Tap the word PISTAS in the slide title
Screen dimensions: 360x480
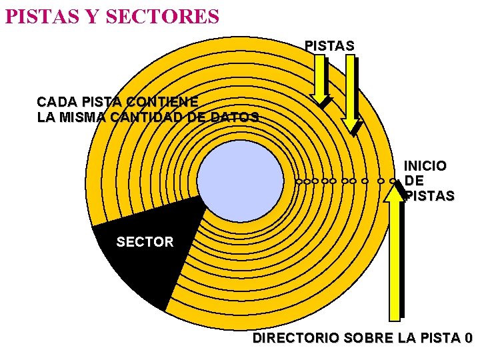pyautogui.click(x=35, y=15)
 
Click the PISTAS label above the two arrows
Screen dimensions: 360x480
pyautogui.click(x=329, y=45)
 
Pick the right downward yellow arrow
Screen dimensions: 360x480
pyautogui.click(x=351, y=93)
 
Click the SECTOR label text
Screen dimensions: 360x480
pyautogui.click(x=145, y=242)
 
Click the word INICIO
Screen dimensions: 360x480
pyautogui.click(x=425, y=165)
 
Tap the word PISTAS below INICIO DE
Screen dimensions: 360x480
pyautogui.click(x=429, y=196)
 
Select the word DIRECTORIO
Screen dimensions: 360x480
pyautogui.click(x=295, y=339)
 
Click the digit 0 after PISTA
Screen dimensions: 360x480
pyautogui.click(x=468, y=339)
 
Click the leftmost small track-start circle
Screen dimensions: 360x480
pyautogui.click(x=299, y=181)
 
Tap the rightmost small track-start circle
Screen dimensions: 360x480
pyautogui.click(x=392, y=181)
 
